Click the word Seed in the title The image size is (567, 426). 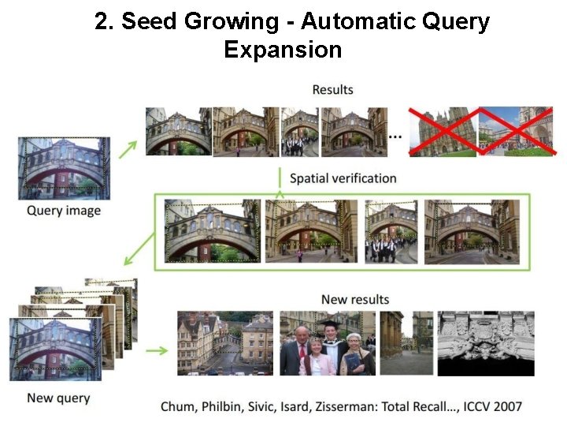point(150,21)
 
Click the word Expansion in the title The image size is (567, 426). point(283,50)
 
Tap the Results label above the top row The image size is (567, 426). point(332,90)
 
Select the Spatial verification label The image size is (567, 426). point(343,178)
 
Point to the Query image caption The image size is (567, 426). point(64,211)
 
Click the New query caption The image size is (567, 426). point(58,398)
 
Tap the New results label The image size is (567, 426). point(355,299)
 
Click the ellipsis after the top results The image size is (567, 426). point(395,136)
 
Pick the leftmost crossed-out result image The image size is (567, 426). point(443,131)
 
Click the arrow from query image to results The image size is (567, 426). point(128,148)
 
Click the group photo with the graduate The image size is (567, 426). point(328,343)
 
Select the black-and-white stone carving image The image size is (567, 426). point(486,343)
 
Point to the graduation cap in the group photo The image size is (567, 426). point(329,323)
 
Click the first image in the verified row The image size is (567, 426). point(211,230)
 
